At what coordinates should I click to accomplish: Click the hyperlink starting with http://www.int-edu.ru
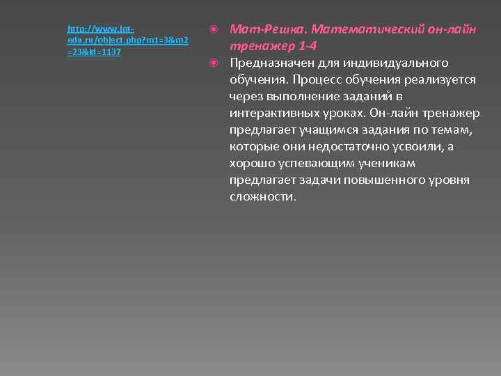pos(127,40)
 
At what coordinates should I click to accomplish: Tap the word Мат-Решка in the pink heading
pos(267,30)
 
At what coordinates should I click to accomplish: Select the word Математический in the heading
pos(362,30)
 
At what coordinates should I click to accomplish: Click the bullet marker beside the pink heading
pos(214,30)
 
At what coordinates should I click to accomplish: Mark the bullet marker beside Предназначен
pos(214,63)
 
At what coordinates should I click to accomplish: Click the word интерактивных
pos(274,113)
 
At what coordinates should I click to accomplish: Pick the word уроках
pos(346,113)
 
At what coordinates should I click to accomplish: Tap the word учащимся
pos(328,130)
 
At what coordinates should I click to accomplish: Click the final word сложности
pos(262,197)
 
